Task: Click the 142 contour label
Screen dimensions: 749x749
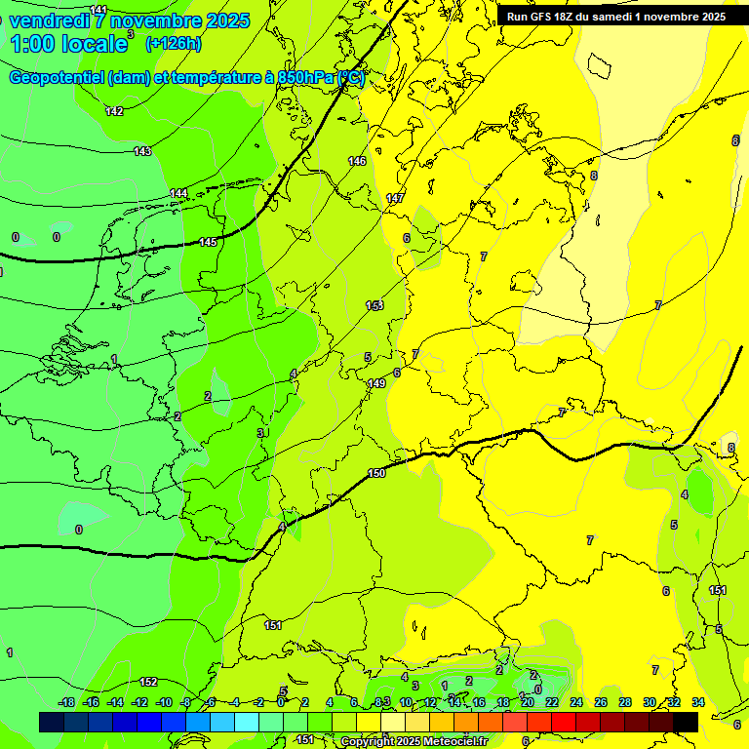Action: click(x=114, y=112)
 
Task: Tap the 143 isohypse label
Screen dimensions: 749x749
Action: click(x=142, y=151)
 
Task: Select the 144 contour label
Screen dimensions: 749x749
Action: click(x=178, y=194)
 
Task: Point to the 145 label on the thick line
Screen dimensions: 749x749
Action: click(x=208, y=242)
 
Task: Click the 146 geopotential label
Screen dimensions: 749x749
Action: click(x=357, y=161)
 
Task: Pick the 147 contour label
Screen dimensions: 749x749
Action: click(x=395, y=198)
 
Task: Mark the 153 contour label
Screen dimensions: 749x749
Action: click(x=374, y=305)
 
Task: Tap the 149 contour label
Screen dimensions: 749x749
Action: click(x=376, y=383)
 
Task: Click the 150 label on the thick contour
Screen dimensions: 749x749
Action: click(x=376, y=473)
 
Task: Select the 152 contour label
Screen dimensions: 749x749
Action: click(x=148, y=682)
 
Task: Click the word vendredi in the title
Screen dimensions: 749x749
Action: click(x=50, y=20)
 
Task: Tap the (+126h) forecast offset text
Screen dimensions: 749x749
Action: click(x=173, y=44)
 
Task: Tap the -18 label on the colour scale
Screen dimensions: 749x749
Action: click(x=66, y=702)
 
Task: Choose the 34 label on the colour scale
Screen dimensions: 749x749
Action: click(x=698, y=702)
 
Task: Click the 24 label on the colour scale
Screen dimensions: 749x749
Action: click(x=576, y=702)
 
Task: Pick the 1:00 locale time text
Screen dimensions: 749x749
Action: click(x=68, y=44)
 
